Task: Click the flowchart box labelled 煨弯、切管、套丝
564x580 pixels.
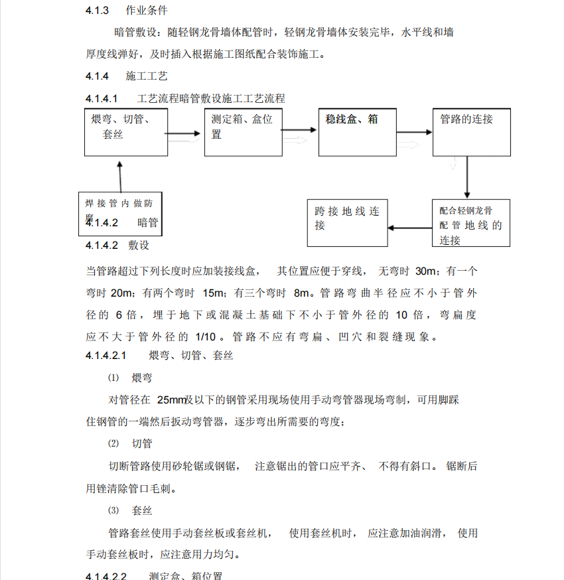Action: pyautogui.click(x=124, y=133)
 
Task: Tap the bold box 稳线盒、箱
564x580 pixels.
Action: pyautogui.click(x=358, y=133)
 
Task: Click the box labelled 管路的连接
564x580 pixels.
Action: pyautogui.click(x=472, y=133)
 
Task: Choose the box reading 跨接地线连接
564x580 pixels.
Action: pyautogui.click(x=347, y=222)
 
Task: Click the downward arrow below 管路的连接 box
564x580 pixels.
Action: pyautogui.click(x=468, y=177)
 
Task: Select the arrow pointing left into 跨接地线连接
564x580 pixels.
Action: pyautogui.click(x=409, y=228)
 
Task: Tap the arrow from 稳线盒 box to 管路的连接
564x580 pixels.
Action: pyautogui.click(x=415, y=133)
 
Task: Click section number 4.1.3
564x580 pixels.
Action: pyautogui.click(x=98, y=11)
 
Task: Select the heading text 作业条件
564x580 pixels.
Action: pyautogui.click(x=147, y=11)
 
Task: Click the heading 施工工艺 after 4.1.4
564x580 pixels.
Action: pyautogui.click(x=147, y=76)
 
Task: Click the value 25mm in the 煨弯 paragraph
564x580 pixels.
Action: pyautogui.click(x=171, y=400)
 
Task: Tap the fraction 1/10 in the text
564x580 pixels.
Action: pyautogui.click(x=206, y=336)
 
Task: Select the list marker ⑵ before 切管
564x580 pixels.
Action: pyautogui.click(x=113, y=443)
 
